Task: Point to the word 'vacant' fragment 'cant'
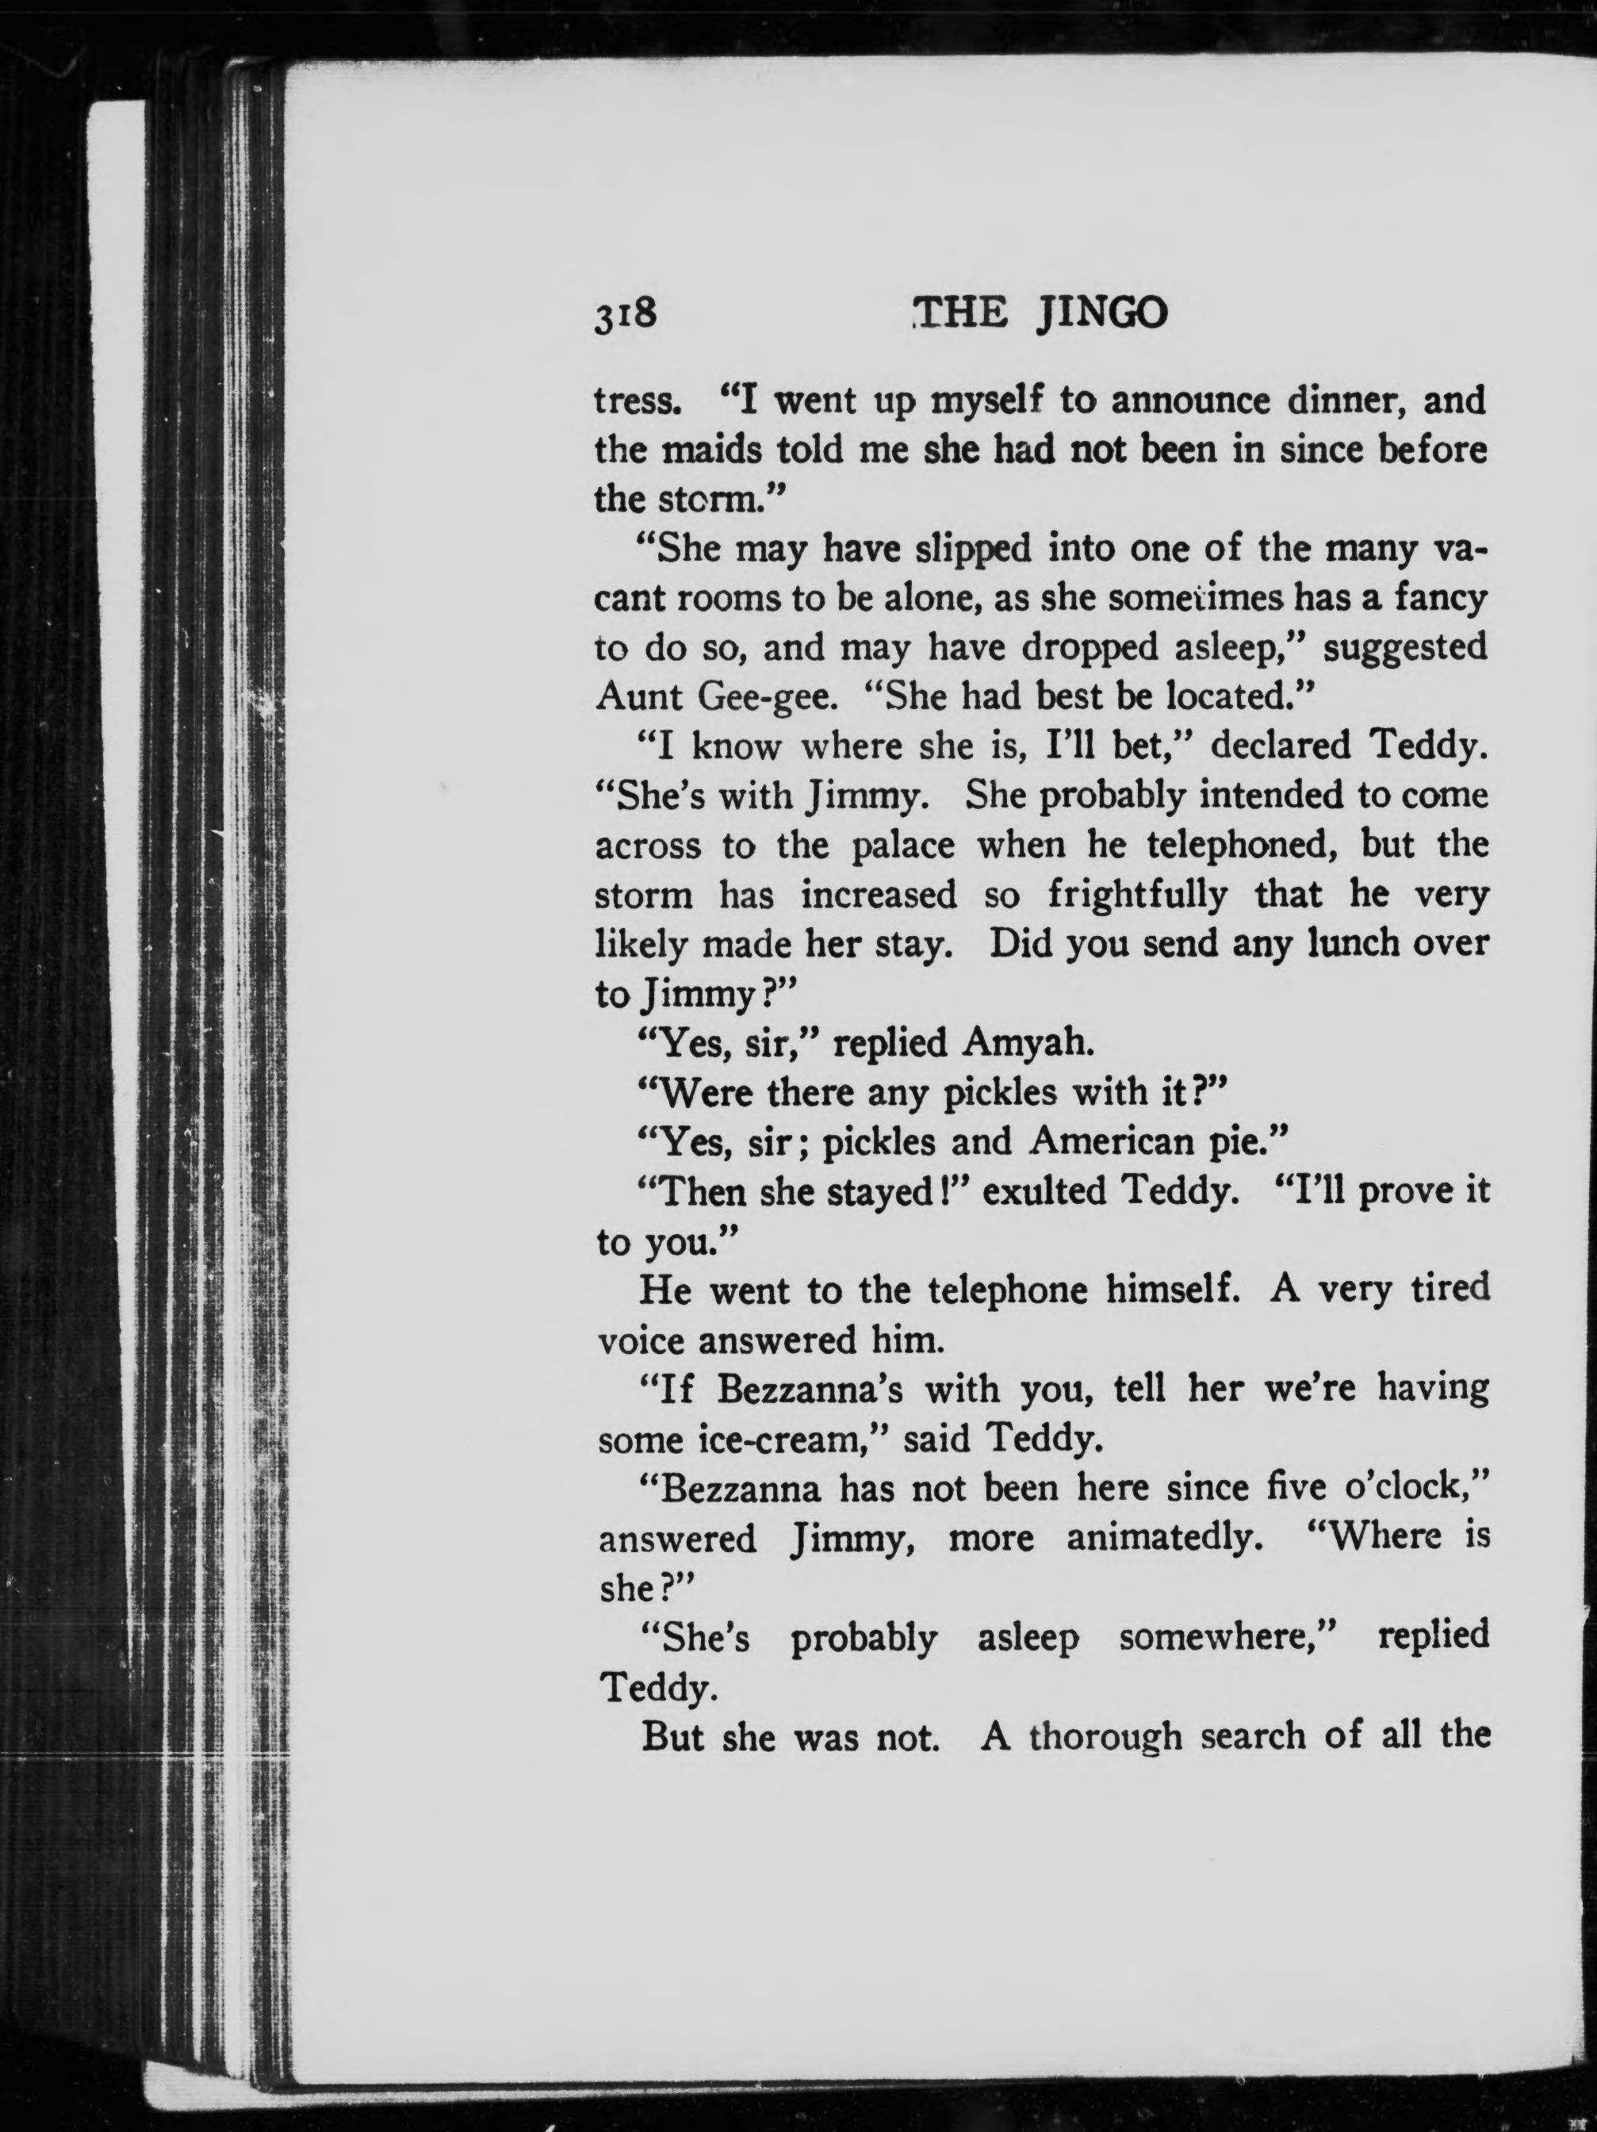point(630,600)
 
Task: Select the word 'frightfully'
point(1137,895)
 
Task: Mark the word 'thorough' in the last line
point(1105,1737)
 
